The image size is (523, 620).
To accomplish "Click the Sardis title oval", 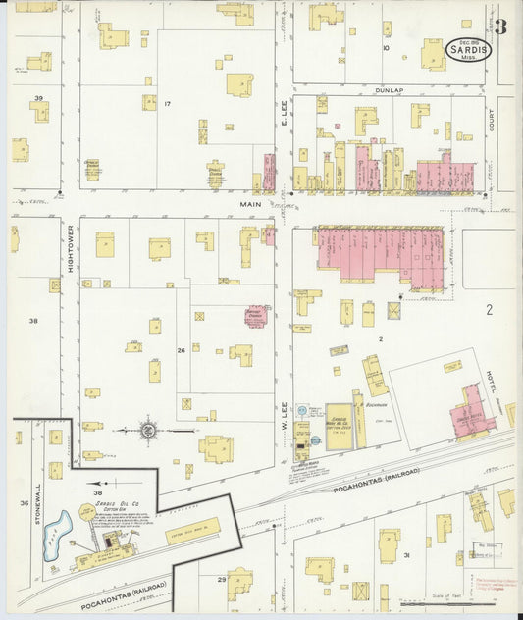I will pos(469,48).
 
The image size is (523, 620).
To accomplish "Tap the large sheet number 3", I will pos(500,26).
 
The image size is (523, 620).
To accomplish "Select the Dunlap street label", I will pos(389,89).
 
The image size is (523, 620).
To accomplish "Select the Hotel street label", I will pos(487,377).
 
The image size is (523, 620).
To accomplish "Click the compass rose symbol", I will pos(148,429).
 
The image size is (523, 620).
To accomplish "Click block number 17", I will pos(168,104).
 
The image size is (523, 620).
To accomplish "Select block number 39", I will pos(39,99).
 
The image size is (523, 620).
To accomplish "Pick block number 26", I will pos(181,350).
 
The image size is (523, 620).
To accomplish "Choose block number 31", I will pos(405,555).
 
